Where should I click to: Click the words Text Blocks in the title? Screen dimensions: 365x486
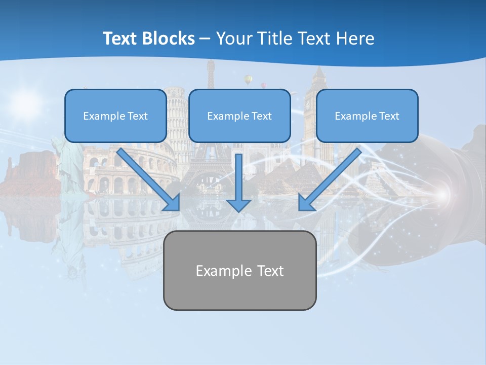[148, 39]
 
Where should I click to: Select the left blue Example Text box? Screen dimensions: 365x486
[115, 116]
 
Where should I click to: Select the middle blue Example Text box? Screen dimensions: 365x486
[239, 116]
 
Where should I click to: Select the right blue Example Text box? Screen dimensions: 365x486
[367, 116]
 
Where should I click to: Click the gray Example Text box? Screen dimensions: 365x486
[239, 270]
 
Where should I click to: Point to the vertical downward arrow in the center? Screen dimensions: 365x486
[238, 177]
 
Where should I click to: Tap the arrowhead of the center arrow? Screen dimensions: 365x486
[238, 205]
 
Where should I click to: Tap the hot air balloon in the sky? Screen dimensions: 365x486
[248, 79]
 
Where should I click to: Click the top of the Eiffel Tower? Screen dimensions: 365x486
[210, 68]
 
